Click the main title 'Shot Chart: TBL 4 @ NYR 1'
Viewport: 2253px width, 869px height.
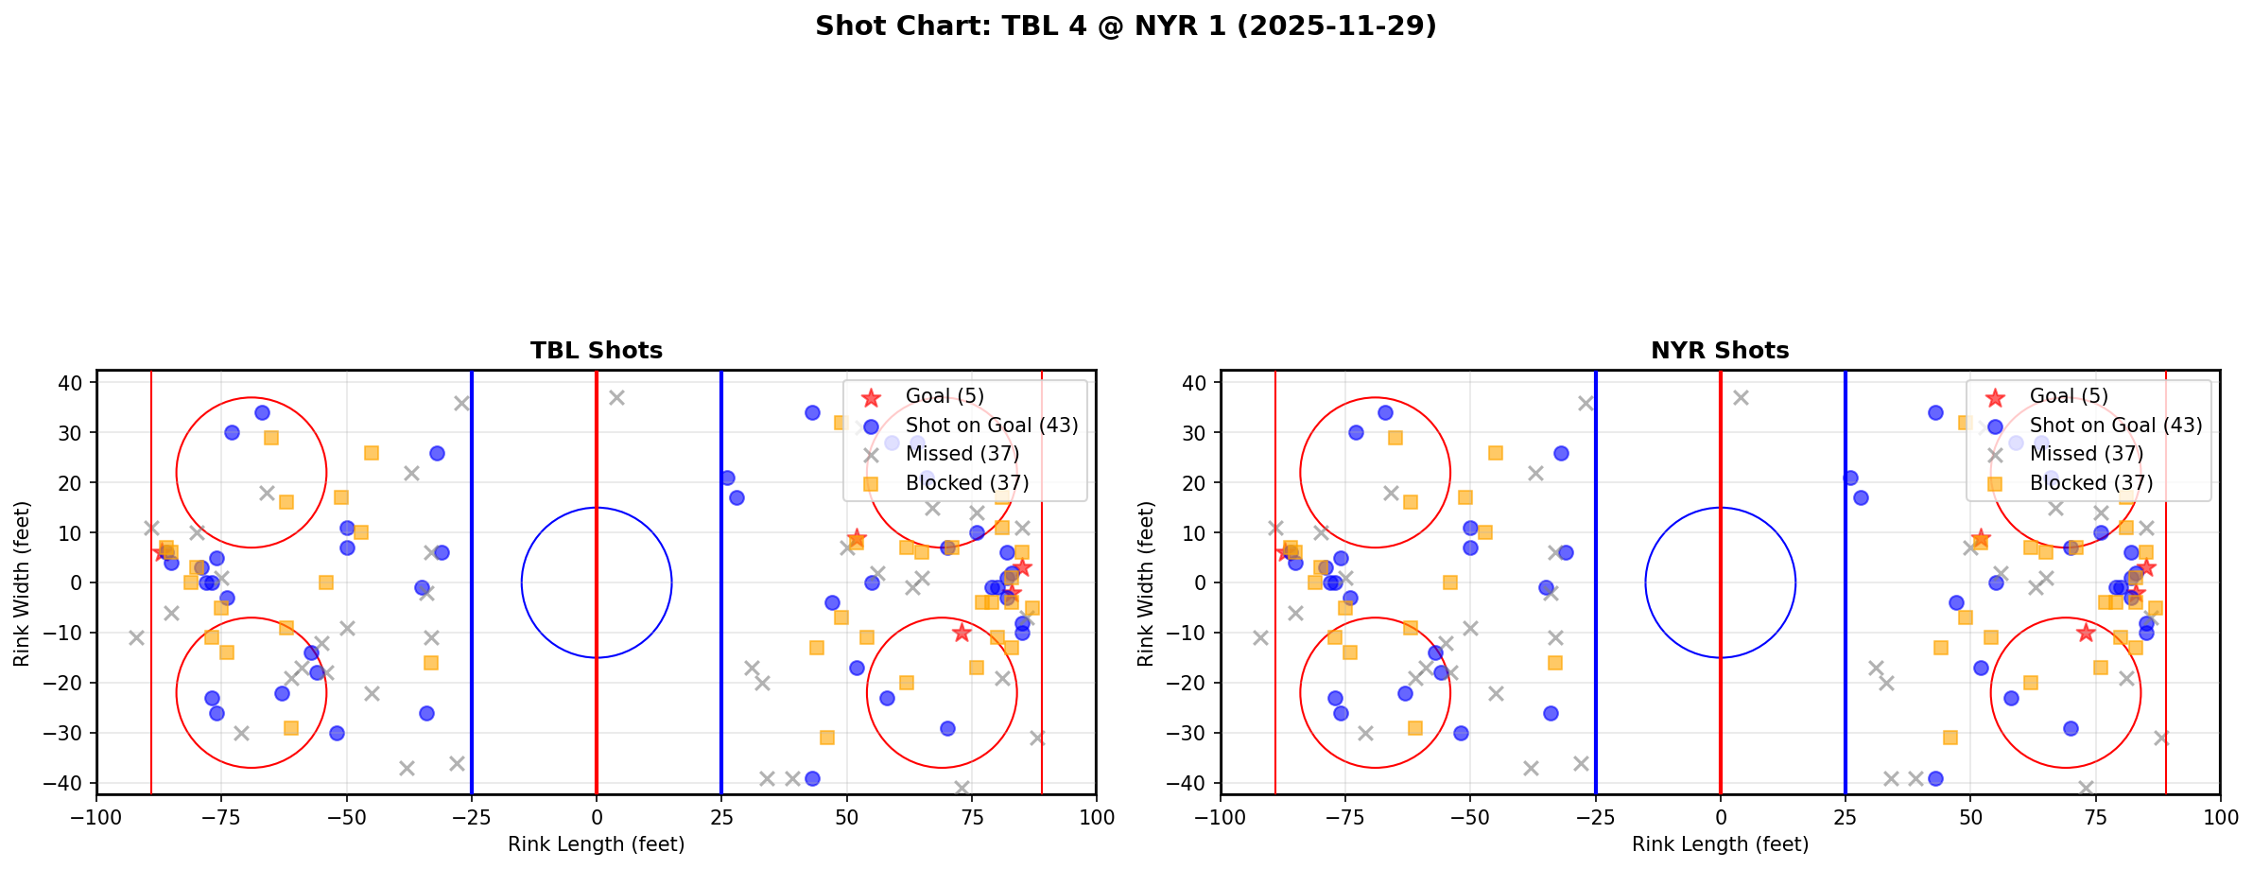click(x=1125, y=26)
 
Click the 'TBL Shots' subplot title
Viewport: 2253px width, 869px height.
click(x=596, y=351)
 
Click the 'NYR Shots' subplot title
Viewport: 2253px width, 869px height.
click(x=1720, y=351)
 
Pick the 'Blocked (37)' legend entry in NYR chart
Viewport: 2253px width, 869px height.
click(x=2091, y=483)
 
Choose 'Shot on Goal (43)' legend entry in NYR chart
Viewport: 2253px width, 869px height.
click(x=2116, y=426)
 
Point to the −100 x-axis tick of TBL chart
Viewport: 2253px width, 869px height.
click(x=96, y=817)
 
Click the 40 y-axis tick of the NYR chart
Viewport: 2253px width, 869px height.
click(x=1195, y=382)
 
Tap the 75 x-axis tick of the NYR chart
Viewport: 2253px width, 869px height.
click(x=2095, y=817)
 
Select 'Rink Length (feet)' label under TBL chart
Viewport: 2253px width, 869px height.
click(x=596, y=844)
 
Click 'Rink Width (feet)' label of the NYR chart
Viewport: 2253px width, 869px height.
click(x=1146, y=583)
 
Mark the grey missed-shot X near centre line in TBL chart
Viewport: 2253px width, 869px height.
click(x=616, y=398)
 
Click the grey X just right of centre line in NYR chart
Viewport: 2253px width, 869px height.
click(x=1741, y=398)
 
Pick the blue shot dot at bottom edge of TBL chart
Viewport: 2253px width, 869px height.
click(x=811, y=779)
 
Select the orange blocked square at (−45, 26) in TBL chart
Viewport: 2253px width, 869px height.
click(x=372, y=453)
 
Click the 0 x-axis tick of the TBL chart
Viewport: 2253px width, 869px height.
click(x=596, y=817)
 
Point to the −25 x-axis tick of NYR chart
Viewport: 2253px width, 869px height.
click(x=1595, y=817)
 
